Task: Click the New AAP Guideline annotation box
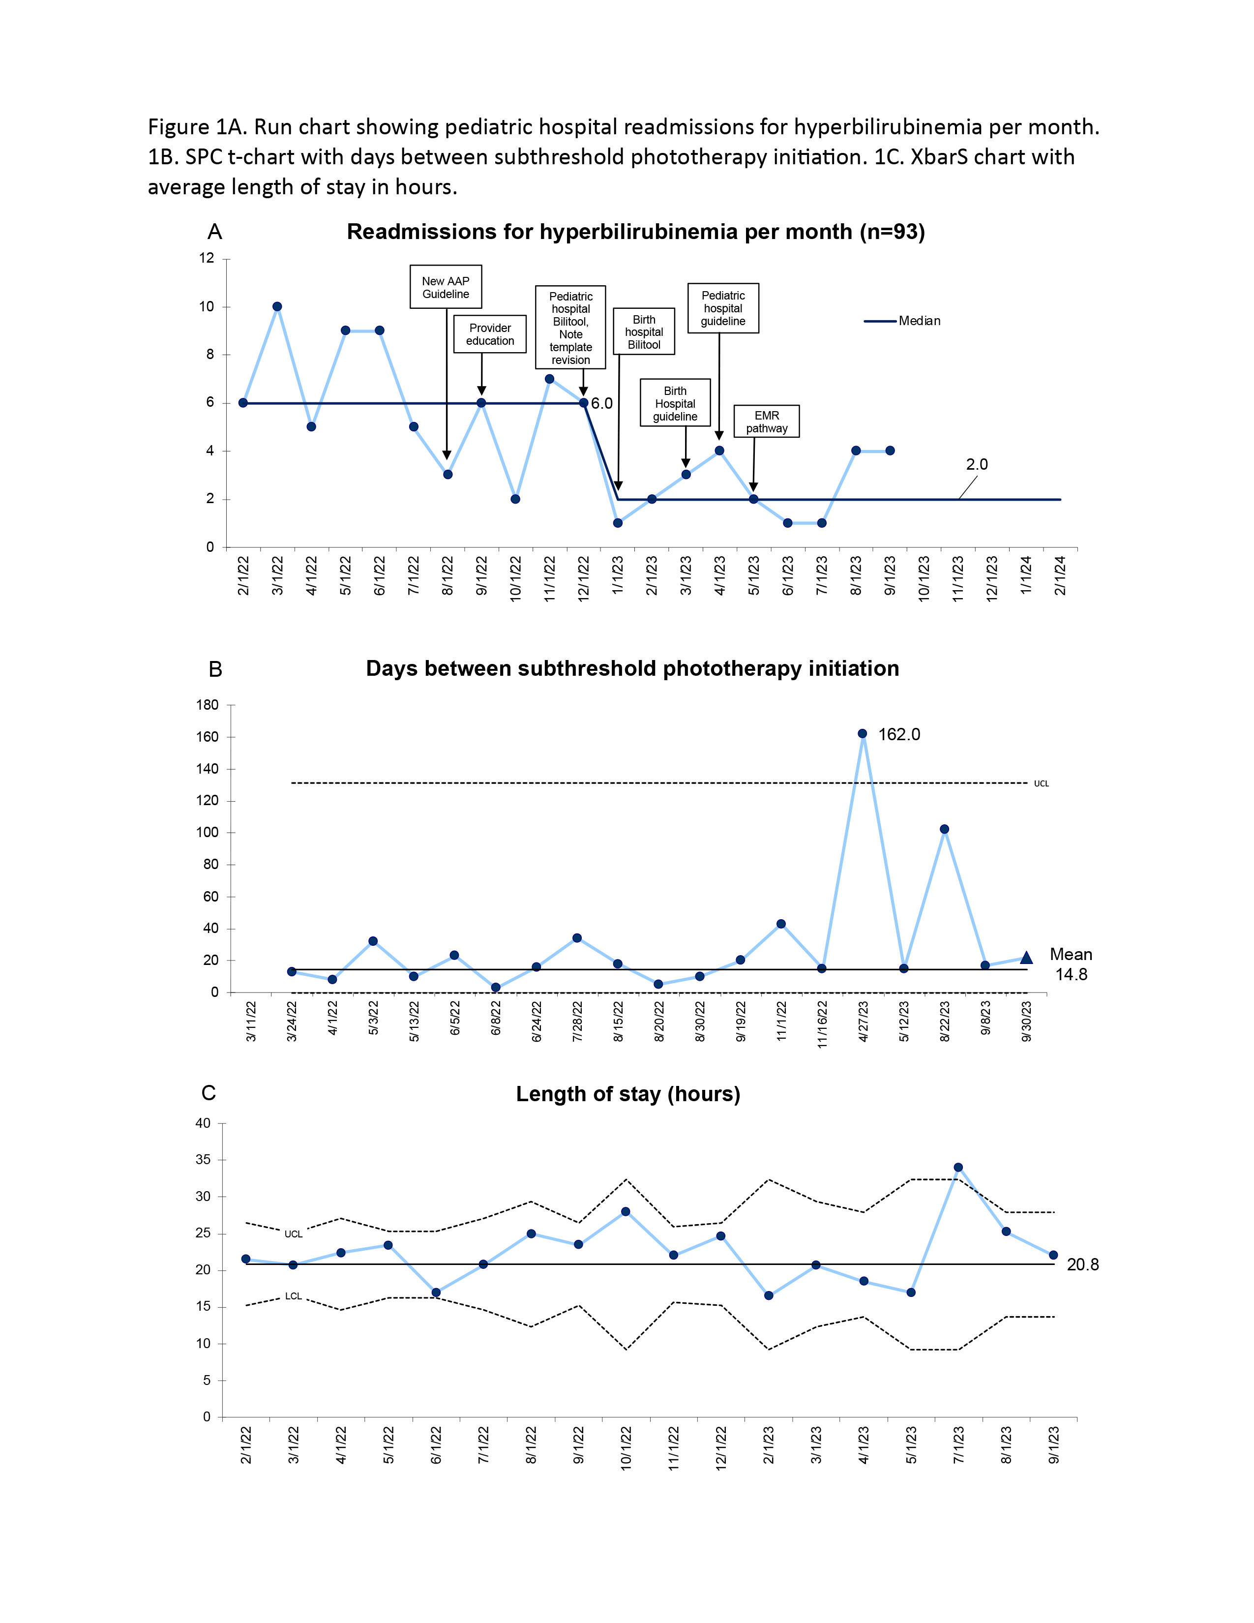coord(446,287)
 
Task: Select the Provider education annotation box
coord(490,334)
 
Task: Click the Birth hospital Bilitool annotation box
coord(644,331)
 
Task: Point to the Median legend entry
coord(902,321)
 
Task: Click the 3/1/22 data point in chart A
coord(277,307)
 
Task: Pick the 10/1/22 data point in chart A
coord(515,499)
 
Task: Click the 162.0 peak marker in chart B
coord(863,733)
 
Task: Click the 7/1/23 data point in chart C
coord(958,1168)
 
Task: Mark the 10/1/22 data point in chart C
coord(626,1211)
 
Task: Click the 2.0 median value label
coord(977,464)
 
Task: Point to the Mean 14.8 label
coord(1071,964)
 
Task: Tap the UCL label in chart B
coord(1042,783)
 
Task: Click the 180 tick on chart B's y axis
coord(208,705)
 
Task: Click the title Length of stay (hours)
coord(628,1094)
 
